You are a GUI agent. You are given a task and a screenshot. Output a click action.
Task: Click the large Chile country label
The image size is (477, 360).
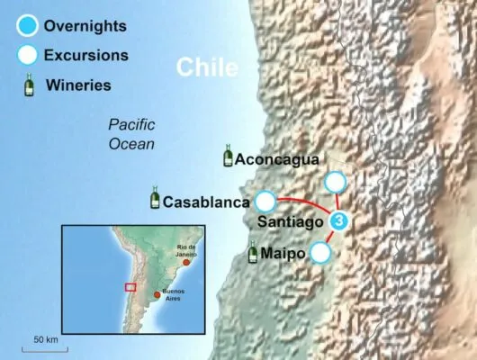click(208, 68)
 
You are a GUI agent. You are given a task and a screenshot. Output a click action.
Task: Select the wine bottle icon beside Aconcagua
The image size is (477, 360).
click(228, 157)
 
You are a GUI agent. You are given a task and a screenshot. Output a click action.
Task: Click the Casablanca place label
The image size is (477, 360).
click(206, 200)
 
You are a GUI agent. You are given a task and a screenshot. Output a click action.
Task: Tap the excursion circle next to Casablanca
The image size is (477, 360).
click(265, 200)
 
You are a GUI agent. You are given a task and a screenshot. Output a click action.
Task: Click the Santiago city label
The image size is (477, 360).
click(291, 220)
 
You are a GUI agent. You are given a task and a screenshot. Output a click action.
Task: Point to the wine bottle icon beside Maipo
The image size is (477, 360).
click(254, 253)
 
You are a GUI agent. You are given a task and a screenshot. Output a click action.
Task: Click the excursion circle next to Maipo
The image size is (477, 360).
click(321, 253)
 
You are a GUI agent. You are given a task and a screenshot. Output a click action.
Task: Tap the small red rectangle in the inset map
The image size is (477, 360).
click(130, 287)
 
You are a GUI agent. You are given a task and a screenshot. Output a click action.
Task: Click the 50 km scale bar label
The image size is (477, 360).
click(45, 339)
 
